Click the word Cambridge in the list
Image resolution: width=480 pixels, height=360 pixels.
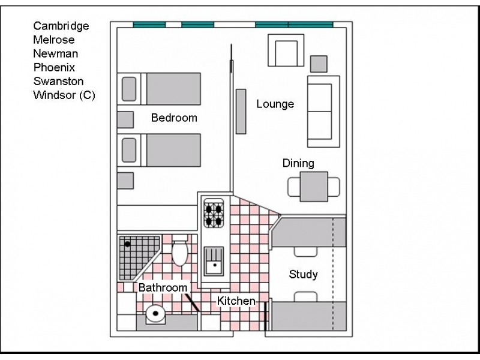pyautogui.click(x=61, y=26)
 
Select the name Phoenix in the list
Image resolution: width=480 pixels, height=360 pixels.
pyautogui.click(x=54, y=67)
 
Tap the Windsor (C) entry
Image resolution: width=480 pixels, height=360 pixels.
pyautogui.click(x=64, y=95)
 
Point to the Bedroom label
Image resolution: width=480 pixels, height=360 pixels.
pyautogui.click(x=174, y=118)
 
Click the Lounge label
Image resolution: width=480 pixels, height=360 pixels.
pyautogui.click(x=275, y=104)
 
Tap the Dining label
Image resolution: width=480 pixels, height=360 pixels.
pyautogui.click(x=298, y=163)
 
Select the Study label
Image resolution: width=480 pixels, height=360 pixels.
pyautogui.click(x=303, y=274)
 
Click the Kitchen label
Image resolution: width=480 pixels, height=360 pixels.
pyautogui.click(x=236, y=301)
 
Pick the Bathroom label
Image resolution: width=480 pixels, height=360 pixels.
pyautogui.click(x=163, y=288)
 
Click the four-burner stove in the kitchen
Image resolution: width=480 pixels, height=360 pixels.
pyautogui.click(x=214, y=214)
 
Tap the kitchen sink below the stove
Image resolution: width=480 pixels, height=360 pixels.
pyautogui.click(x=214, y=261)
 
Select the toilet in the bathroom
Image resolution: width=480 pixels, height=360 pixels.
pyautogui.click(x=179, y=250)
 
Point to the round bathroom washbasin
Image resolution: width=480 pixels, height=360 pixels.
pyautogui.click(x=155, y=313)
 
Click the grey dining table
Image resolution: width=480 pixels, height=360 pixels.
pyautogui.click(x=314, y=187)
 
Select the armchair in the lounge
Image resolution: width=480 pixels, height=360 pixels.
pyautogui.click(x=286, y=50)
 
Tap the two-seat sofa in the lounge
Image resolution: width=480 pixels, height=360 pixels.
pyautogui.click(x=323, y=112)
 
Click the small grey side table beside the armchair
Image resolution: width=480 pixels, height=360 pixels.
pyautogui.click(x=319, y=64)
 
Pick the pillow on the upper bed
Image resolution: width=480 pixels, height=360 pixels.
pyautogui.click(x=129, y=89)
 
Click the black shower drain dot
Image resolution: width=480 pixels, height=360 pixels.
pyautogui.click(x=127, y=244)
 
